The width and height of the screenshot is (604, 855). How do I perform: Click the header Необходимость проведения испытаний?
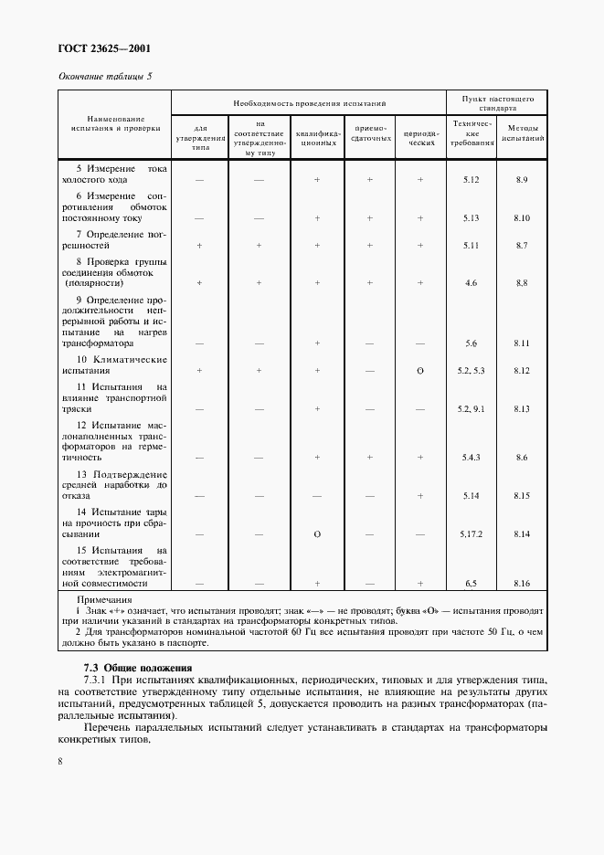click(x=309, y=104)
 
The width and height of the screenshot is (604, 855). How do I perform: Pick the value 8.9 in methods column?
click(x=522, y=180)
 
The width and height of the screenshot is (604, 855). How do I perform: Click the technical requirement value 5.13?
click(x=471, y=218)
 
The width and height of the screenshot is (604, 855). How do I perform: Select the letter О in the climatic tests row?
click(x=420, y=372)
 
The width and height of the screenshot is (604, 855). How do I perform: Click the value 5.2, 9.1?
click(x=471, y=409)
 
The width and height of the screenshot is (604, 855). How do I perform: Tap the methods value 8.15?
click(x=522, y=495)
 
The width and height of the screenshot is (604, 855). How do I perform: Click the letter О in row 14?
click(x=316, y=533)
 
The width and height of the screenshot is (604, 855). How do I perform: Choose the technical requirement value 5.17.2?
click(x=471, y=533)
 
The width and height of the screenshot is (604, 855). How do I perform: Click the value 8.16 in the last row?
click(x=522, y=582)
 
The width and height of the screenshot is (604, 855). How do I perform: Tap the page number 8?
click(x=60, y=759)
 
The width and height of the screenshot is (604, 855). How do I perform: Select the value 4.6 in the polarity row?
click(x=471, y=283)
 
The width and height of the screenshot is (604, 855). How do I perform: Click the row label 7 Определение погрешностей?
click(x=114, y=240)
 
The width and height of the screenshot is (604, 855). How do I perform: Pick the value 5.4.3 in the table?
click(x=471, y=458)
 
